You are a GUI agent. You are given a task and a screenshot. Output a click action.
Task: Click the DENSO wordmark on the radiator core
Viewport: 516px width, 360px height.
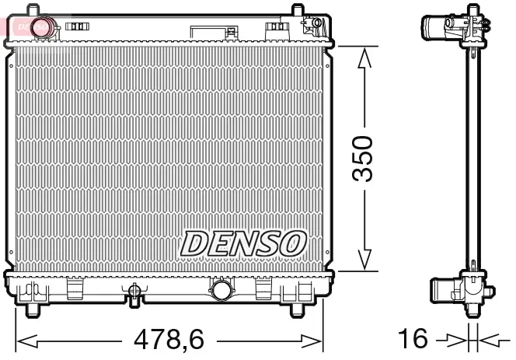[x=242, y=244]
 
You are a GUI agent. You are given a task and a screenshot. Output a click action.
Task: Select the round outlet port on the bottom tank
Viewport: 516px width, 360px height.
[x=221, y=292]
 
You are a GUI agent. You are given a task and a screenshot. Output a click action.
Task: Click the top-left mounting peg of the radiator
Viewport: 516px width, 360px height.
[x=32, y=10]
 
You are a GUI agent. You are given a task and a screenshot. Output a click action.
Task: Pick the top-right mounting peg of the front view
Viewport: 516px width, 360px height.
[x=298, y=10]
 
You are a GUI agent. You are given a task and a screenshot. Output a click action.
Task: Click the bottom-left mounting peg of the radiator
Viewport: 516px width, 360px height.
[x=32, y=311]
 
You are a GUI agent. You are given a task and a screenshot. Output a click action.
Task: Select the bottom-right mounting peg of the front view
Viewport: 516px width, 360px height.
[x=298, y=311]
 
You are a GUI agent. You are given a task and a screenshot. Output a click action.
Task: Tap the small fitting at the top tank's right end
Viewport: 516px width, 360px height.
[x=312, y=25]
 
